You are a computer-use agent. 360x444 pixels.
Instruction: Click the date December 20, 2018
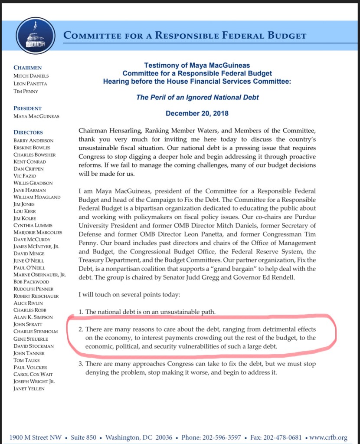tap(197, 114)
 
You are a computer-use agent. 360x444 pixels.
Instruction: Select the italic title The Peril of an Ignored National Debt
tap(197, 97)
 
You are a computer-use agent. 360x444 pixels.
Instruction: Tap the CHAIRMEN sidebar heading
tap(28, 68)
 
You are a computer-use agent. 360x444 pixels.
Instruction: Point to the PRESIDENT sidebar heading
tap(28, 108)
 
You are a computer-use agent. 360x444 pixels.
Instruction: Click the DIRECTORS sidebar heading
tap(28, 132)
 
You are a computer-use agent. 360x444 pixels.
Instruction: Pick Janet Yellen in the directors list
tap(29, 388)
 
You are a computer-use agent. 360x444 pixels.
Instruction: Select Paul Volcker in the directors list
tap(30, 367)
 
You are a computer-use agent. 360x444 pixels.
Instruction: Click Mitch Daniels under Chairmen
tap(30, 76)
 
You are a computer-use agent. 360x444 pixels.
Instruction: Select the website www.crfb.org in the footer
tap(329, 437)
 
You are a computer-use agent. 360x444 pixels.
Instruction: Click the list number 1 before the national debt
tap(81, 312)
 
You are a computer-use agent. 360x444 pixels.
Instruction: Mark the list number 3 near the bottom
tap(81, 364)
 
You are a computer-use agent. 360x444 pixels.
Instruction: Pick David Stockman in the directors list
tap(33, 346)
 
